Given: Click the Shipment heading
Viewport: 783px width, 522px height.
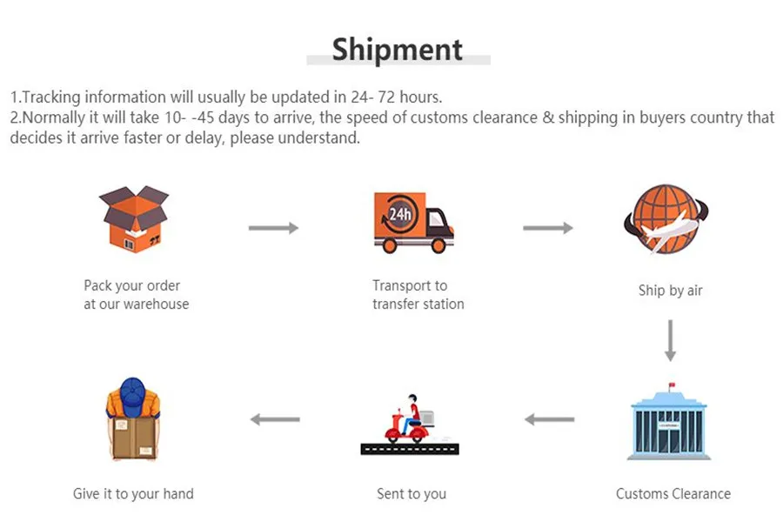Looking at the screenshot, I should pyautogui.click(x=398, y=49).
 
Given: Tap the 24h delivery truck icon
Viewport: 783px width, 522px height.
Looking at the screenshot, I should pyautogui.click(x=412, y=222).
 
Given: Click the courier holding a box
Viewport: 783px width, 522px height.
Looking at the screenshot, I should pyautogui.click(x=133, y=420).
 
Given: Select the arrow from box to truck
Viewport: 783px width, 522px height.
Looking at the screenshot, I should pyautogui.click(x=273, y=228).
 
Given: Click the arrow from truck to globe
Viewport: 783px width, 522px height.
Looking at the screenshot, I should pyautogui.click(x=548, y=228).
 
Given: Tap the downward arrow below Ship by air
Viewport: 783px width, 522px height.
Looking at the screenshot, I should pyautogui.click(x=670, y=340).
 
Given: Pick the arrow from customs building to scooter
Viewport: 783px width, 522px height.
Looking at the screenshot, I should pyautogui.click(x=549, y=420).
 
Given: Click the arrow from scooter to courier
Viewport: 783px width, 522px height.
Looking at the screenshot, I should pyautogui.click(x=275, y=419).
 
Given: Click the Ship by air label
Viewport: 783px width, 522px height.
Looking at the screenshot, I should pyautogui.click(x=670, y=291).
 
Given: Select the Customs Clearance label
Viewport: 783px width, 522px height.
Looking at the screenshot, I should pyautogui.click(x=673, y=494).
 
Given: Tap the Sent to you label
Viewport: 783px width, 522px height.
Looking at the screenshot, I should pyautogui.click(x=412, y=494).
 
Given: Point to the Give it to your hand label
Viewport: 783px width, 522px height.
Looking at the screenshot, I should pyautogui.click(x=133, y=494).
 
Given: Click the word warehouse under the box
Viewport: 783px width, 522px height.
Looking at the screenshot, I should pyautogui.click(x=156, y=304).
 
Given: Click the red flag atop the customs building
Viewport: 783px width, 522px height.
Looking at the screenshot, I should pyautogui.click(x=672, y=385).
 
